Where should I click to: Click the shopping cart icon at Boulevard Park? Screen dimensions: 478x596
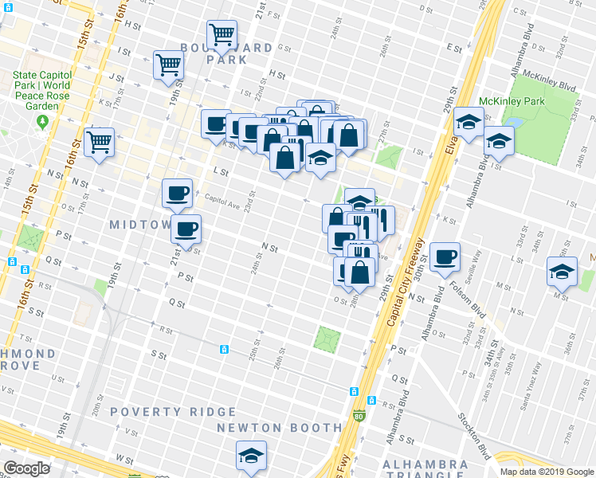pos(222,34)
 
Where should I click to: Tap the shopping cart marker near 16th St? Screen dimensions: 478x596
pos(100,142)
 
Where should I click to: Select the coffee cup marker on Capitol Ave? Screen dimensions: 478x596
pos(177,193)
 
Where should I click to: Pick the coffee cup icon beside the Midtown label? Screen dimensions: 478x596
pos(186,229)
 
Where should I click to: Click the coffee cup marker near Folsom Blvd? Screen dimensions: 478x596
pos(445,257)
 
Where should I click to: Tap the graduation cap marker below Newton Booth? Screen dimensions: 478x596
pos(251,456)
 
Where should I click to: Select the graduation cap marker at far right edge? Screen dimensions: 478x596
pos(562,272)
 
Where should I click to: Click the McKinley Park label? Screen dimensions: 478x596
pos(511,101)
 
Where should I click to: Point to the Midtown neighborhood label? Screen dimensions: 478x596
pos(139,226)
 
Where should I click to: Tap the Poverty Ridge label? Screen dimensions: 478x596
pos(173,412)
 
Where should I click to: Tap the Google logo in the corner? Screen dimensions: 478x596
pos(26,468)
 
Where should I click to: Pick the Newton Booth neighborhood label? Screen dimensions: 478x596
pos(280,428)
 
